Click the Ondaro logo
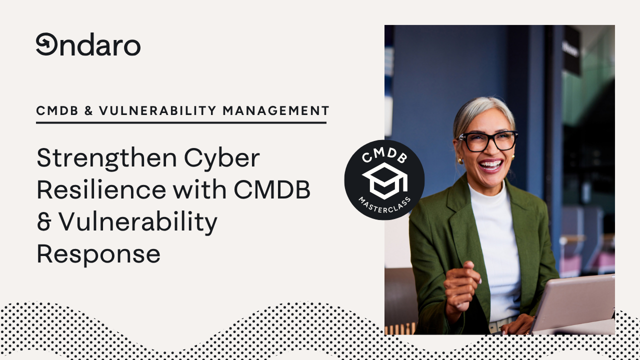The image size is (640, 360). click(x=88, y=45)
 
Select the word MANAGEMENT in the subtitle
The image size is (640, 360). click(x=276, y=110)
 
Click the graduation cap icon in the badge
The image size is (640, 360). click(x=384, y=180)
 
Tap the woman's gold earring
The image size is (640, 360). click(x=459, y=160)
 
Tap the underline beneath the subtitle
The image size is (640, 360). click(x=181, y=122)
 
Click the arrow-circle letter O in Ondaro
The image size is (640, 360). click(x=45, y=44)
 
